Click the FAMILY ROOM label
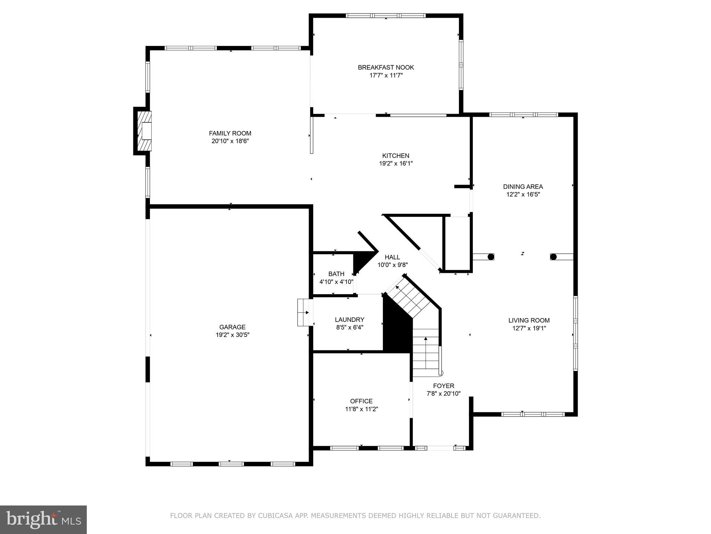coord(230,133)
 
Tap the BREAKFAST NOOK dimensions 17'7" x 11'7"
coord(386,75)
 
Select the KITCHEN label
coord(395,156)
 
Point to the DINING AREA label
coord(523,187)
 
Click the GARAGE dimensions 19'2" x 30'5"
coord(232,335)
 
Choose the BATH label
coord(336,274)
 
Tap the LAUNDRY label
coord(349,319)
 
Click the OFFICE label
coord(361,401)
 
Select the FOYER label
coord(443,386)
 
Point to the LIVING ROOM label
coord(529,321)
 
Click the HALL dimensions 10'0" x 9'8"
coord(392,265)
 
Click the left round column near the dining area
coord(491,257)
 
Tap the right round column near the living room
coord(553,257)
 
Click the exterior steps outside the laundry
coord(303,313)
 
